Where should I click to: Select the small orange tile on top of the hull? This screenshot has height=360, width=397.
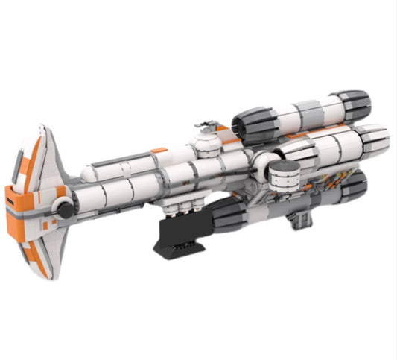point(158,151)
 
